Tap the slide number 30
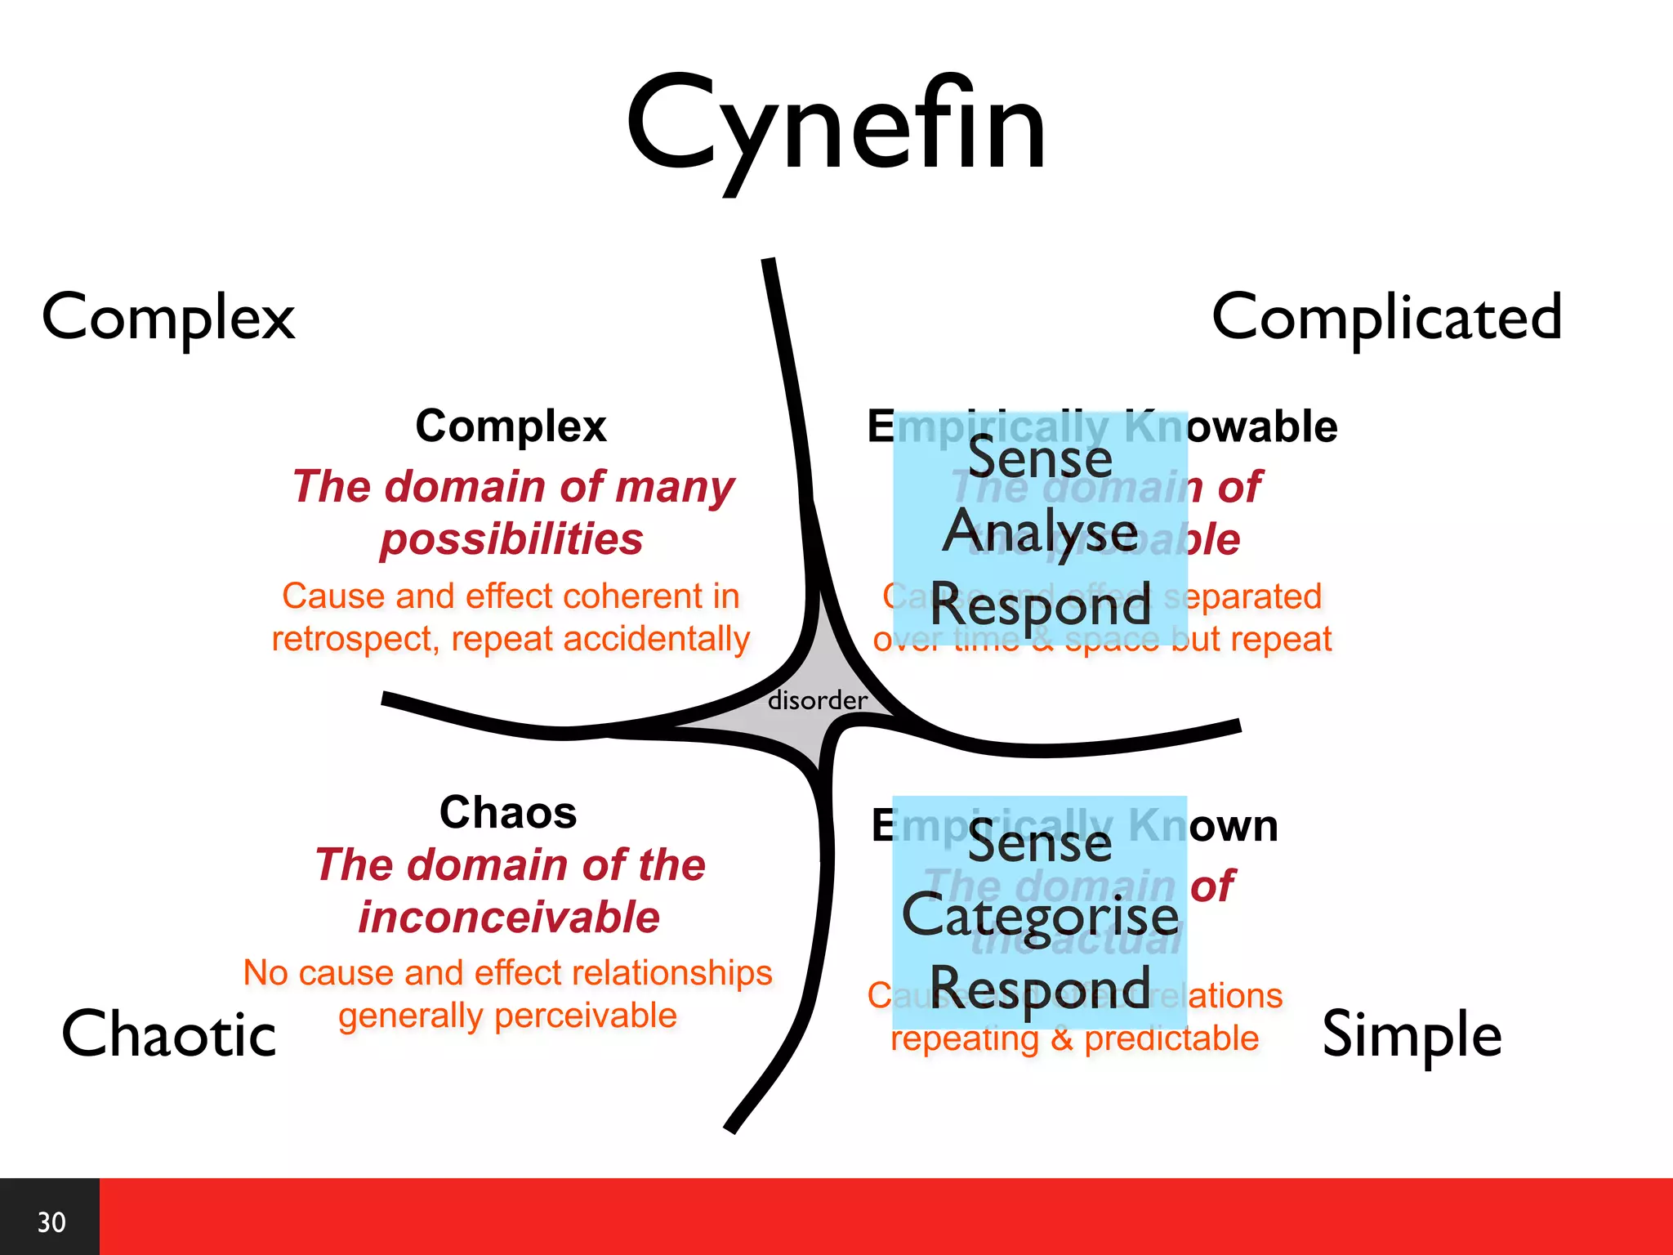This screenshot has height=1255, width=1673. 51,1222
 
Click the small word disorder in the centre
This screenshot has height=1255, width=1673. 817,700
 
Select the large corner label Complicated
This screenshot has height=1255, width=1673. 1386,318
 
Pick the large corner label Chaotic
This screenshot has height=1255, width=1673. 169,1034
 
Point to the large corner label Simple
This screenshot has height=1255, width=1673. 1412,1034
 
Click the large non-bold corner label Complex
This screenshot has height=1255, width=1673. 168,318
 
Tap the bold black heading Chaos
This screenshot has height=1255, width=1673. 508,812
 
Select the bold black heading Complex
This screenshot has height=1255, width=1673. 511,426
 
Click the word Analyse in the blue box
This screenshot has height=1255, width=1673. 1040,532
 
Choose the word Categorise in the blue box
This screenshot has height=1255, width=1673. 1040,916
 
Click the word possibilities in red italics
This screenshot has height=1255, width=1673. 511,539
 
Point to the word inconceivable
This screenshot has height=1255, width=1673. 509,917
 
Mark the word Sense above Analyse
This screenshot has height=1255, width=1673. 1040,458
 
